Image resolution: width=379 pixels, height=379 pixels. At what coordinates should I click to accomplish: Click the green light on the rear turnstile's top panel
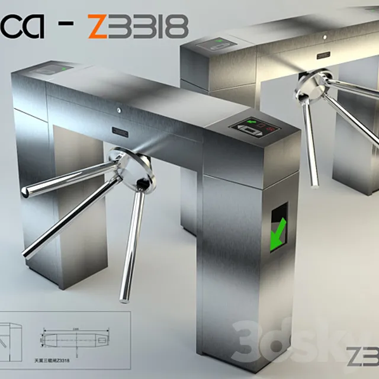pos(219,42)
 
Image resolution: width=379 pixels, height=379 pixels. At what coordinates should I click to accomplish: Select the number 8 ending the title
pos(177,27)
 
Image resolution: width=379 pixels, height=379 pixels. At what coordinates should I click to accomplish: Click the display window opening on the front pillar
pos(278,227)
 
